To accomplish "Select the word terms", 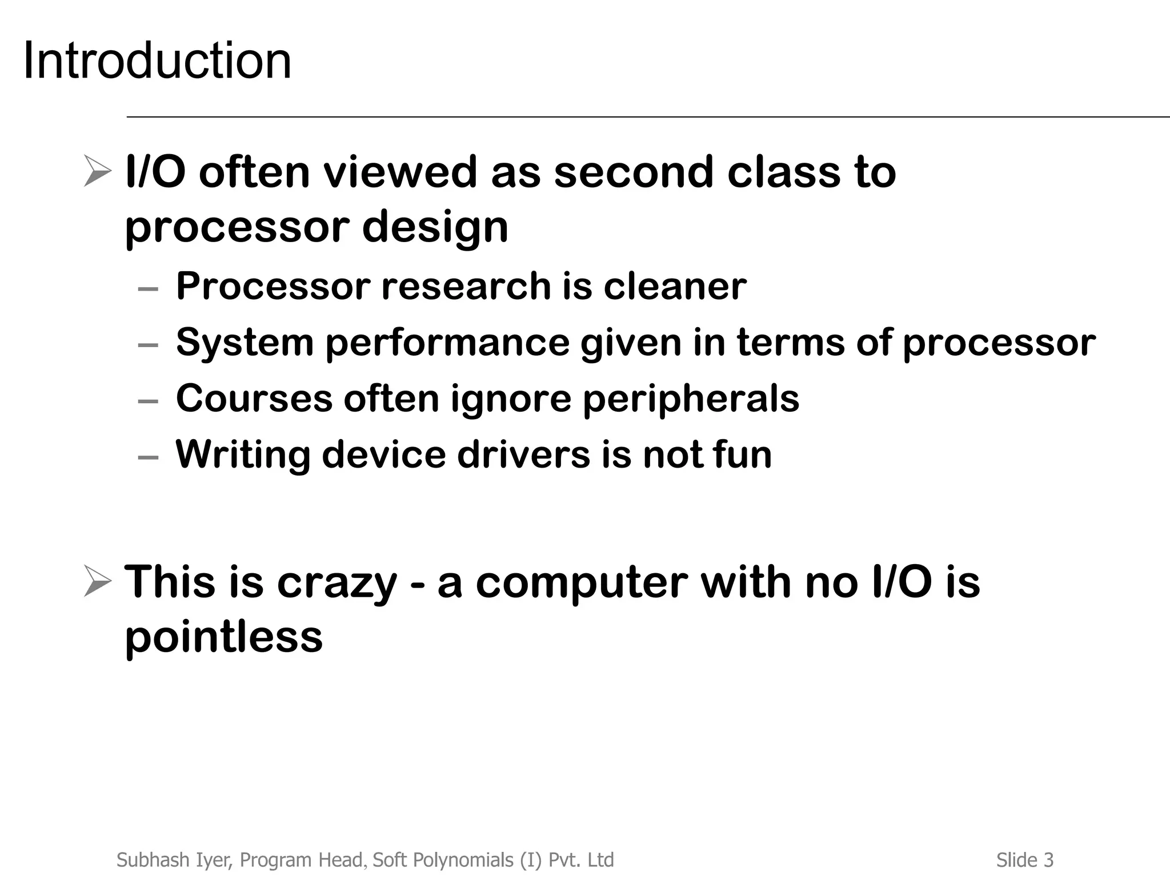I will [790, 342].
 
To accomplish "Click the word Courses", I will [254, 398].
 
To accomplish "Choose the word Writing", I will [242, 455].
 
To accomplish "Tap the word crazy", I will [336, 582].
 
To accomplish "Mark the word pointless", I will [223, 637].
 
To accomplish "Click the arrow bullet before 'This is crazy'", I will [97, 581].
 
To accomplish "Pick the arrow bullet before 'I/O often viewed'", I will [97, 171].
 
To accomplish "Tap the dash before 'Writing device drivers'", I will [148, 457].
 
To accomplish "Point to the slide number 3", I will [1048, 860].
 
